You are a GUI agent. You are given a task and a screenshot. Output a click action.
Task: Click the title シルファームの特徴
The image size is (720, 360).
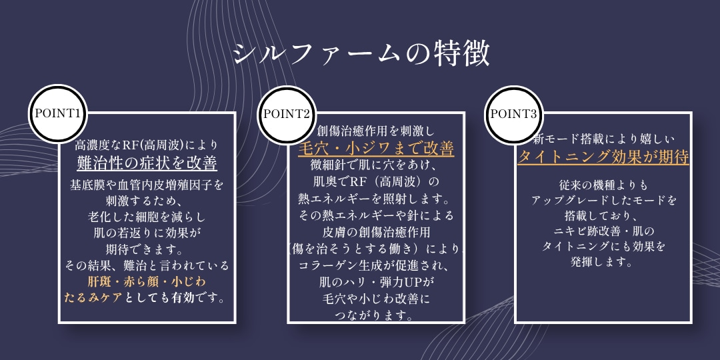pyautogui.click(x=361, y=54)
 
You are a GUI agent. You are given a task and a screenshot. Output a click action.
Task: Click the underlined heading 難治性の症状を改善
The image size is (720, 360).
pyautogui.click(x=147, y=163)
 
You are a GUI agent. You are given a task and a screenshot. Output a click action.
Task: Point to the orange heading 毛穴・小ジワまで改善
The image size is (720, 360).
pyautogui.click(x=376, y=148)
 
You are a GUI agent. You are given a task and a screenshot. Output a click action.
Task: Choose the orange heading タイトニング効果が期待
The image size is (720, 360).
pyautogui.click(x=603, y=157)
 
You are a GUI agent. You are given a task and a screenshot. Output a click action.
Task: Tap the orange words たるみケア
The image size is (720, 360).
pyautogui.click(x=94, y=297)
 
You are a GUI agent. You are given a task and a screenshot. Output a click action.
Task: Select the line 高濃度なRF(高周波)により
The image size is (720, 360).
pyautogui.click(x=147, y=145)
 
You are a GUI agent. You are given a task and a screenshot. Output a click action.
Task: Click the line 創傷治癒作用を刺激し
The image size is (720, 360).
pyautogui.click(x=375, y=132)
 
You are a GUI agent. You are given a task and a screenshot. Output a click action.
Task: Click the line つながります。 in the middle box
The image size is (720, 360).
pyautogui.click(x=376, y=317)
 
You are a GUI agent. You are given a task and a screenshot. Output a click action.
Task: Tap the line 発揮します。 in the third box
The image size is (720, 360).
pyautogui.click(x=603, y=263)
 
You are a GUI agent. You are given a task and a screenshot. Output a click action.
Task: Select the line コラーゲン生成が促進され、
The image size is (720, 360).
pyautogui.click(x=376, y=266)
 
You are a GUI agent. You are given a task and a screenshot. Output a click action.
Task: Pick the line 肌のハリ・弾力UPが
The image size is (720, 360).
pyautogui.click(x=376, y=282)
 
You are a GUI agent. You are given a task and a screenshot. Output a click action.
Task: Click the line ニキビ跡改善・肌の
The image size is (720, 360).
pyautogui.click(x=603, y=231)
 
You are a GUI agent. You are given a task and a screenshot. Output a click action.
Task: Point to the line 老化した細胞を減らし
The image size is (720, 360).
pyautogui.click(x=147, y=216)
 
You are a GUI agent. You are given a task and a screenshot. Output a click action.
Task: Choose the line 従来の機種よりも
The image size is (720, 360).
pyautogui.click(x=603, y=185)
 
